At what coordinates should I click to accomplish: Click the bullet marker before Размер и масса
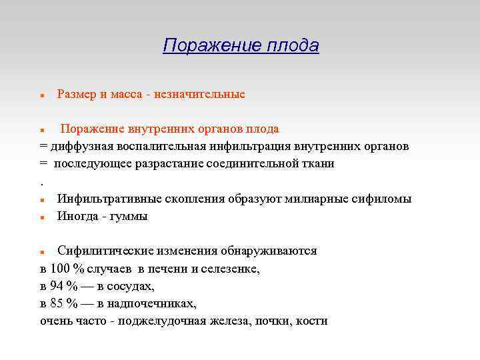[x=42, y=95]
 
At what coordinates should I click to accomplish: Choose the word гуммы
[x=130, y=216]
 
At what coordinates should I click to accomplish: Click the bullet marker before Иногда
[x=42, y=217]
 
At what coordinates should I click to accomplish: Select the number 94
[x=57, y=286]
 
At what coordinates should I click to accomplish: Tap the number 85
[x=57, y=303]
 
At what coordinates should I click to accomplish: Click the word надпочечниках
[x=156, y=303]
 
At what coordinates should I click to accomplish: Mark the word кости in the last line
[x=312, y=321]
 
